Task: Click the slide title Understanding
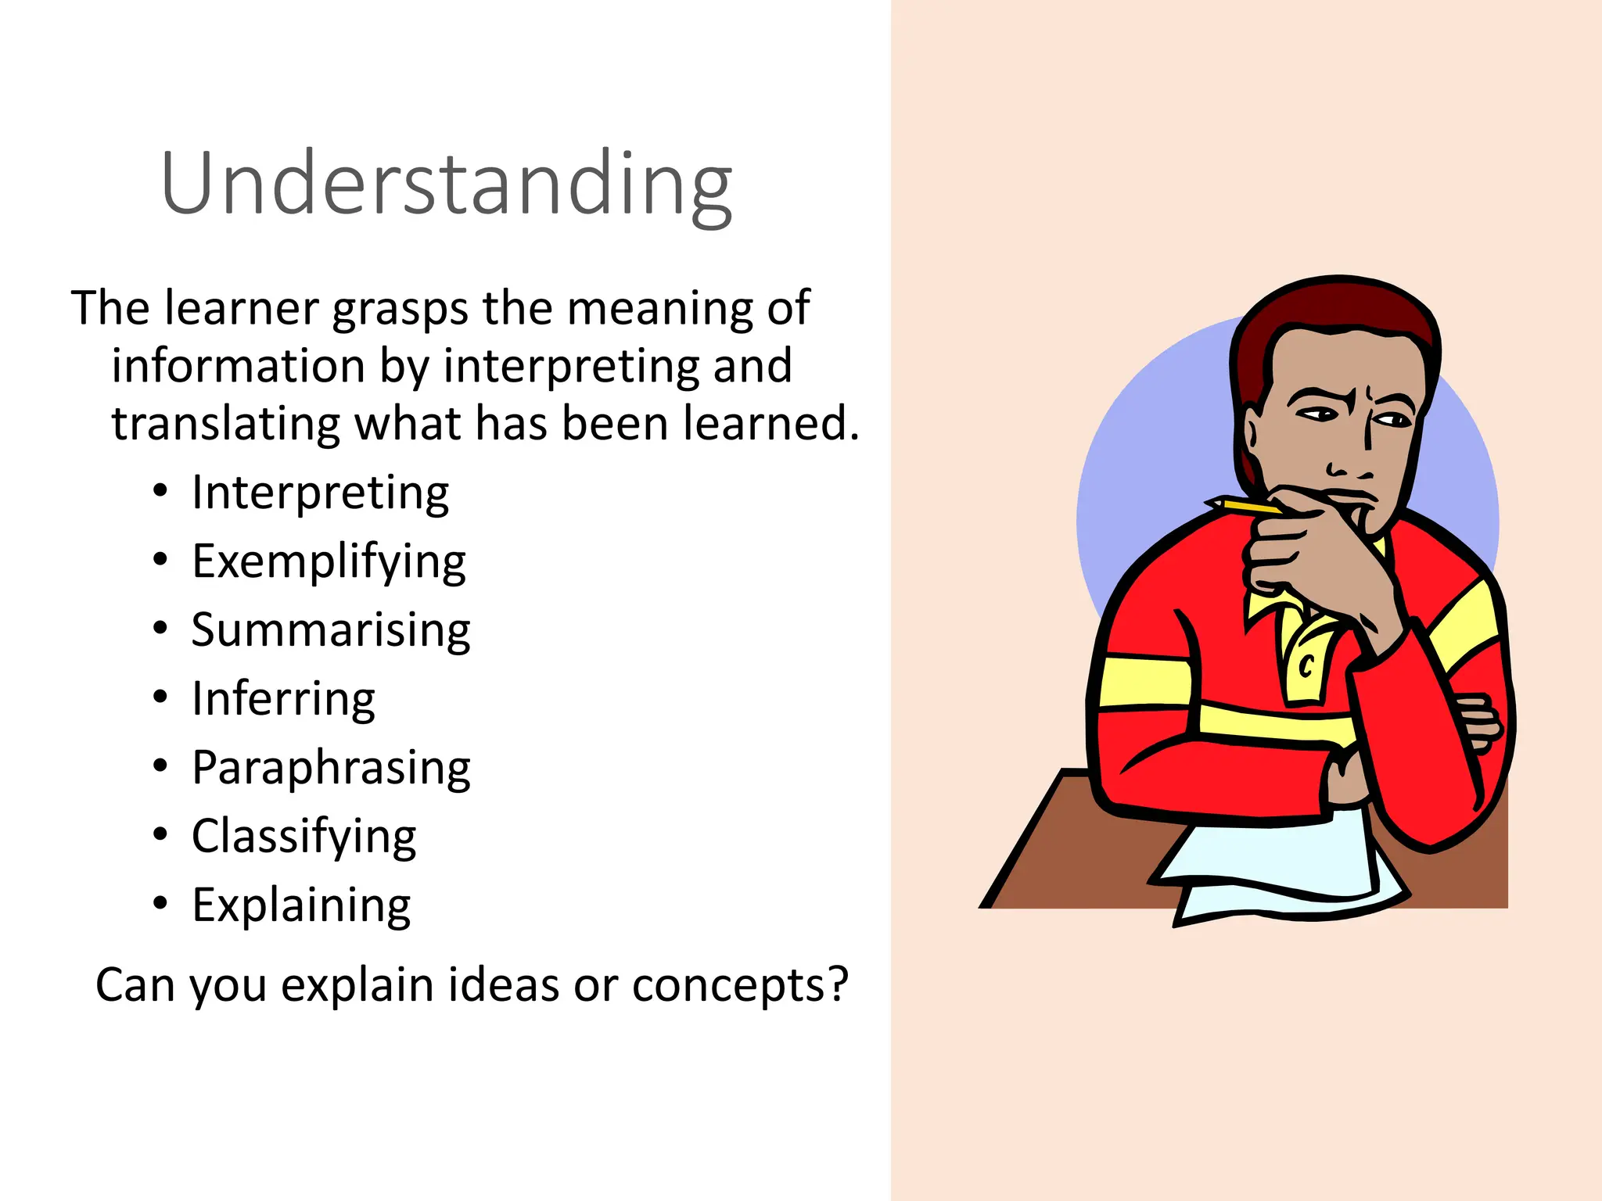(446, 184)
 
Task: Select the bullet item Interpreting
(320, 493)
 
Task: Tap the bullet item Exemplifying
(329, 561)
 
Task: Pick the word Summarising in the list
(331, 629)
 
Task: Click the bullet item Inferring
(283, 698)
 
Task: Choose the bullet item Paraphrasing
(331, 767)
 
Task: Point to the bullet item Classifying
(304, 836)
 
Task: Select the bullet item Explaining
(301, 905)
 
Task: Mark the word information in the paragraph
(238, 366)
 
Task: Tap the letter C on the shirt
(1306, 666)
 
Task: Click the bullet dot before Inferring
(160, 697)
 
